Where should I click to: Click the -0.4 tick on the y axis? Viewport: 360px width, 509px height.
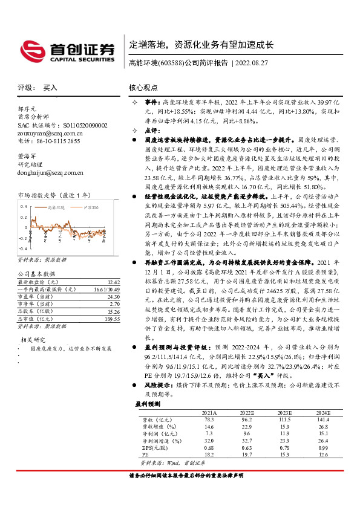[22, 248]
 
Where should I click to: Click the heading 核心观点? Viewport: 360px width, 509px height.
[144, 88]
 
